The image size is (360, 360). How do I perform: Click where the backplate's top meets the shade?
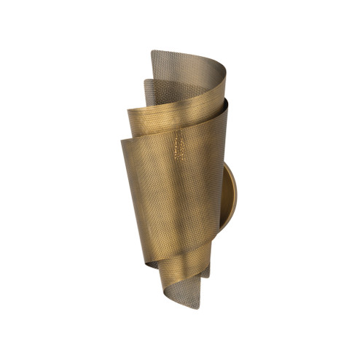pos(224,163)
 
